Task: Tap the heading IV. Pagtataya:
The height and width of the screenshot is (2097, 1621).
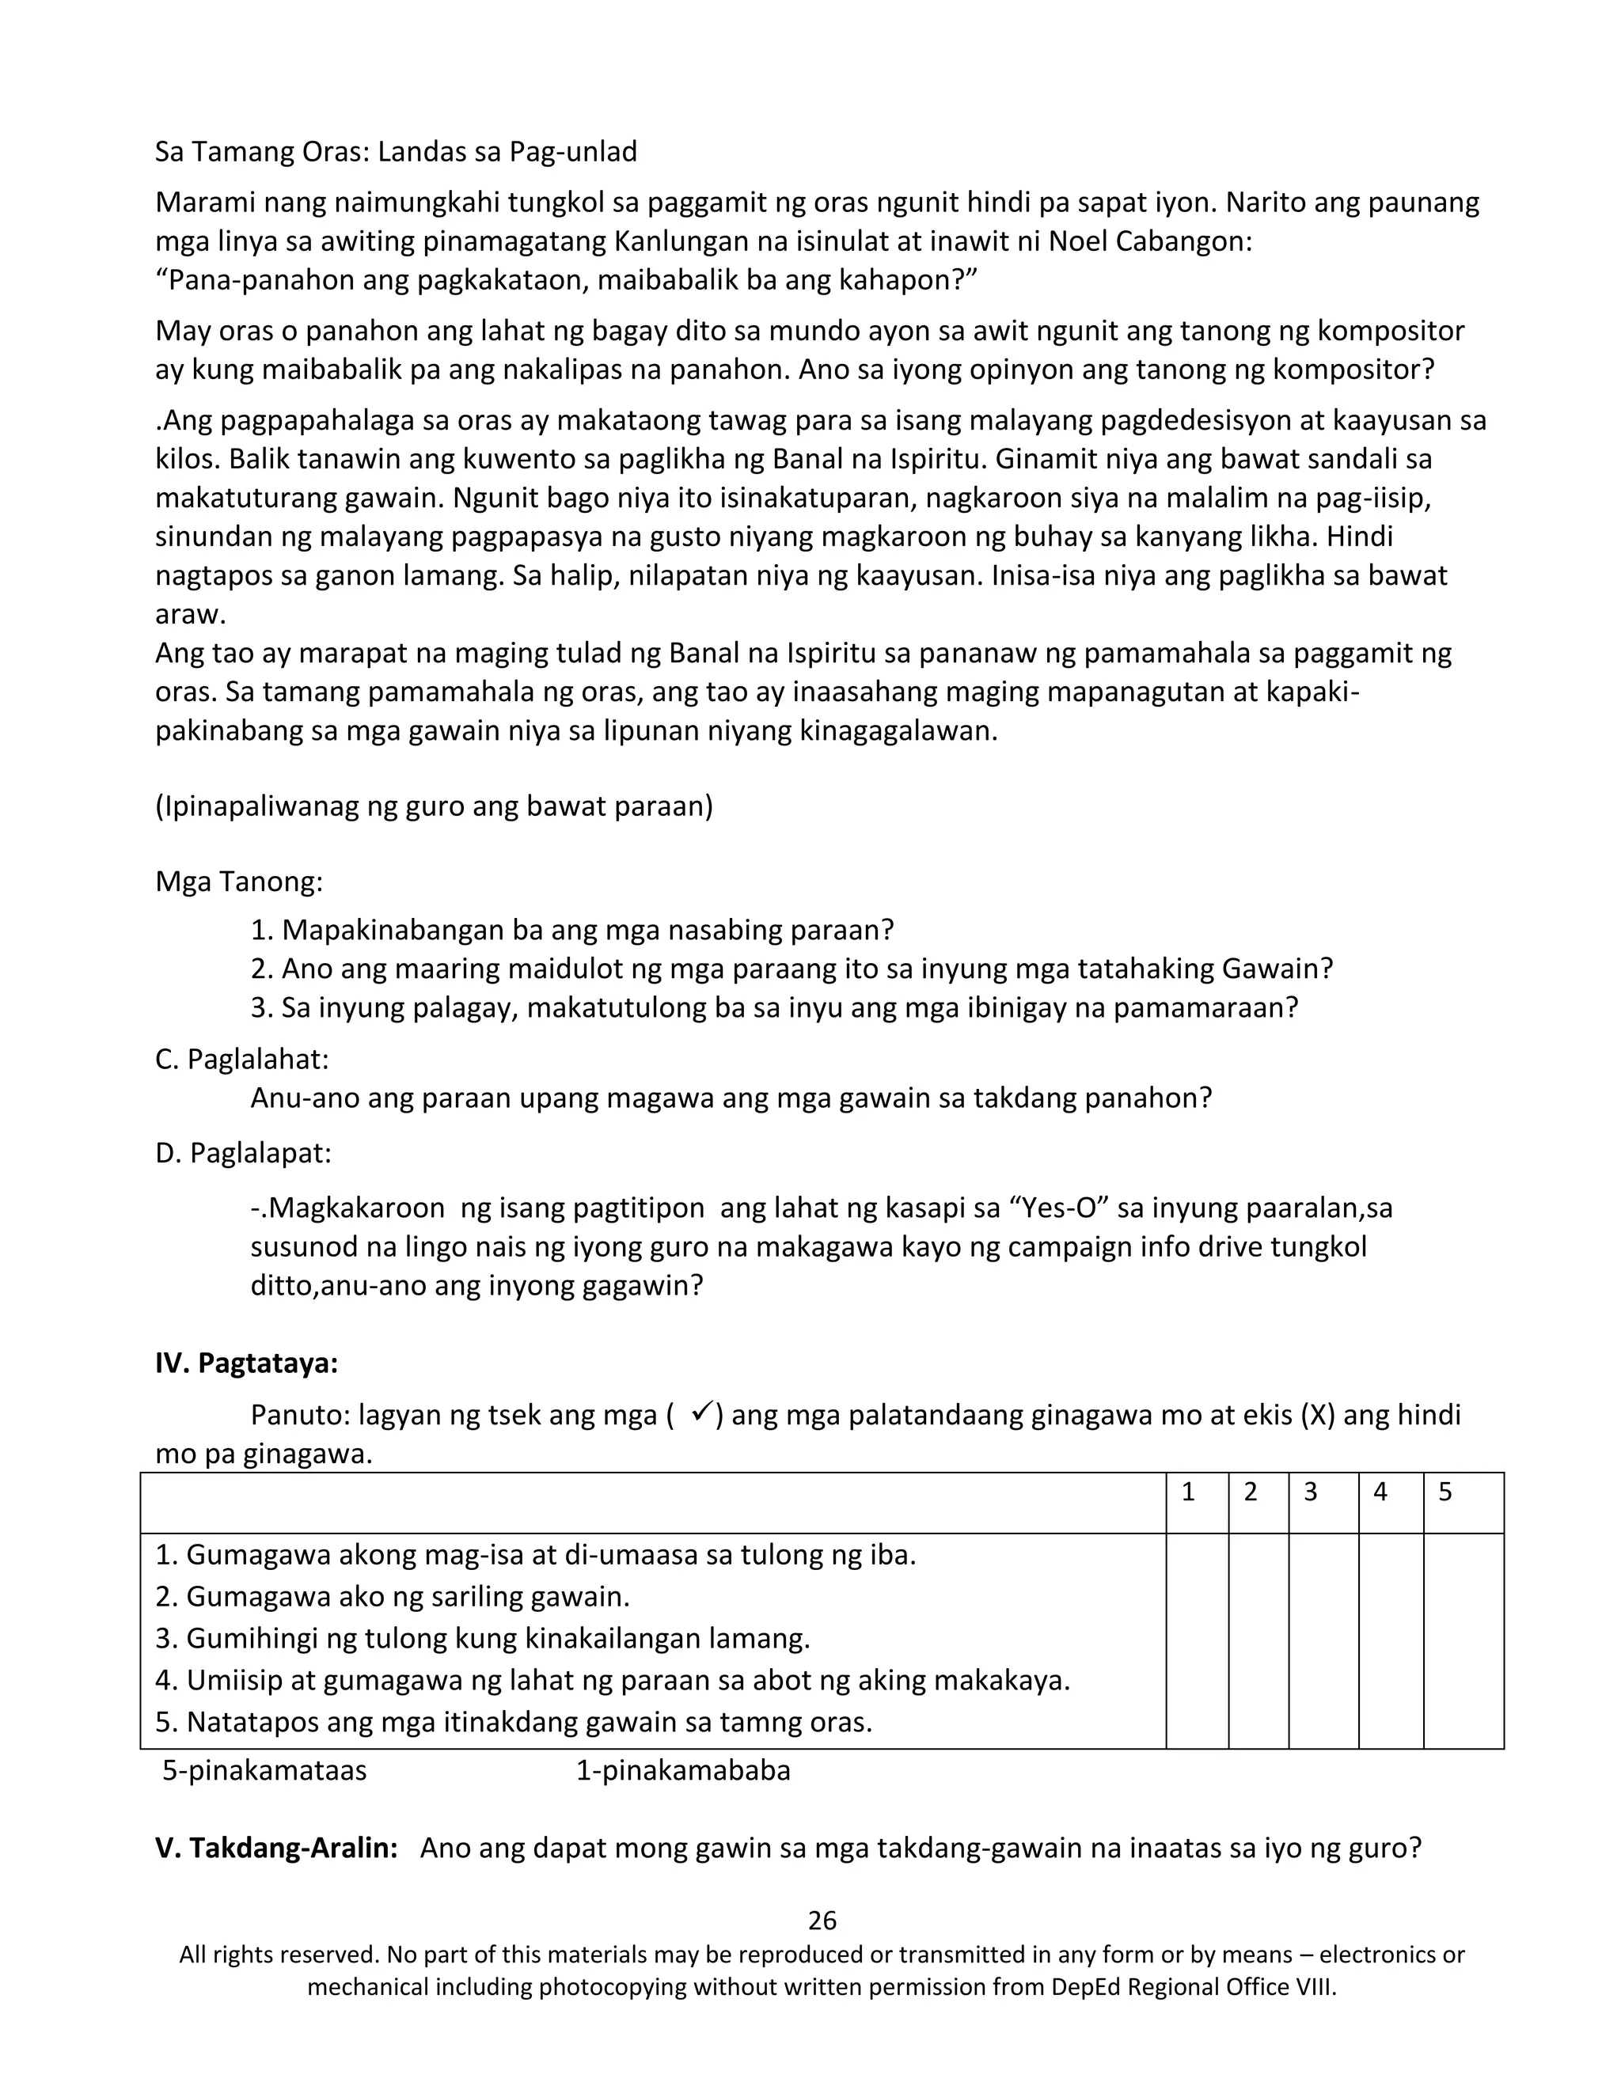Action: [247, 1363]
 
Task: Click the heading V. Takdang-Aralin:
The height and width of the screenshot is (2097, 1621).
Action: [276, 1848]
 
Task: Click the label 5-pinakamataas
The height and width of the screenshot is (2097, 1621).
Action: [264, 1769]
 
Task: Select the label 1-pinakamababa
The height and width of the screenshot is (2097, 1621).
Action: [683, 1769]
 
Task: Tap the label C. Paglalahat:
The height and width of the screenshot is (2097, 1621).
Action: [242, 1059]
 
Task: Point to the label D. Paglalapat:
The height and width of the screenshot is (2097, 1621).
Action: [243, 1152]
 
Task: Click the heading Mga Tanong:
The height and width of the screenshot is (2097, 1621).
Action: [239, 881]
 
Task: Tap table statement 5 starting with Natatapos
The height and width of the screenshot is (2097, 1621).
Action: [514, 1722]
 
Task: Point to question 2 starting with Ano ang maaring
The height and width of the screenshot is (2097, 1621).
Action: [792, 968]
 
